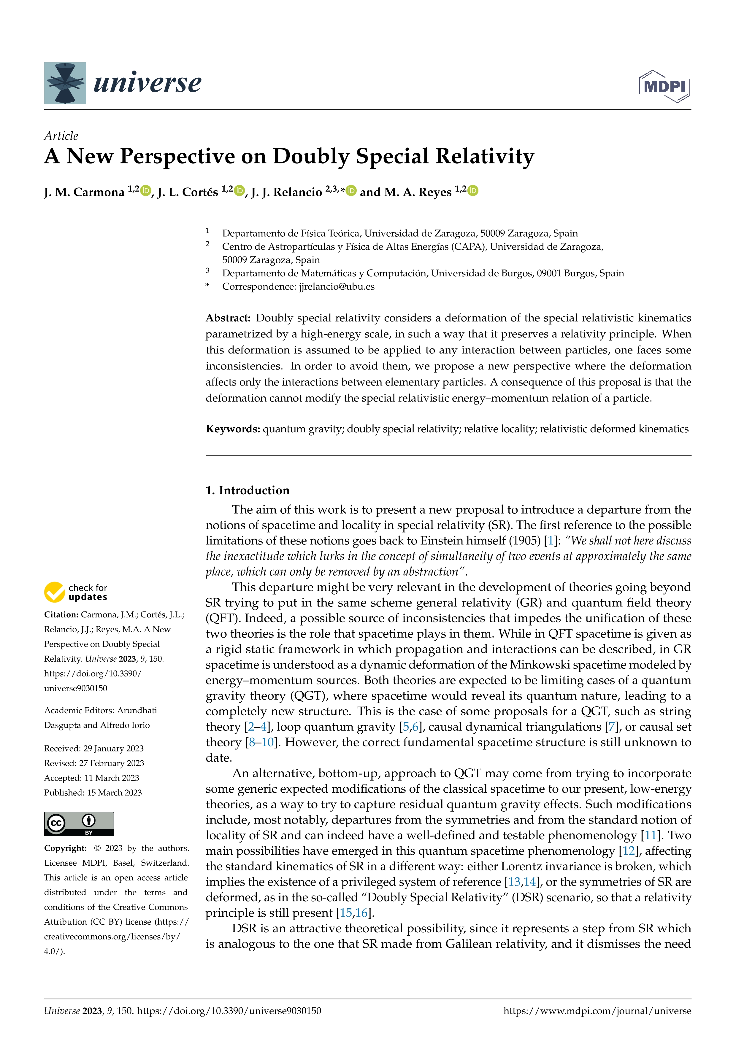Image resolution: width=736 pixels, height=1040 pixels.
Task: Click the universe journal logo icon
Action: tap(65, 83)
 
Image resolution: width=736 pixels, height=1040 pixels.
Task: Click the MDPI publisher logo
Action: tap(664, 86)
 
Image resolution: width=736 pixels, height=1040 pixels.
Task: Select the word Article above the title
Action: tap(61, 136)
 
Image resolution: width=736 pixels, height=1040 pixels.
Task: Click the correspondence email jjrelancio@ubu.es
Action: tap(337, 286)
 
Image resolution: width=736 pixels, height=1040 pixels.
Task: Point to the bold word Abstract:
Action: tap(228, 318)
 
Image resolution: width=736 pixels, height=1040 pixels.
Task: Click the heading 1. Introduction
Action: tap(248, 490)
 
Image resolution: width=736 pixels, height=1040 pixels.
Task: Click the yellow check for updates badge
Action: tap(76, 592)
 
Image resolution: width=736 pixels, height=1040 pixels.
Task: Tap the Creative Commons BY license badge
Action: tap(79, 824)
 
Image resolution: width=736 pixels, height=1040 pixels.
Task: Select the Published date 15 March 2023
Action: tap(114, 792)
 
